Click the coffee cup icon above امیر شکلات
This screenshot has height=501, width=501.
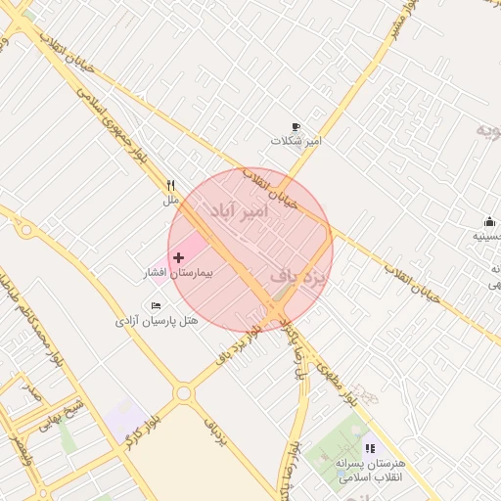coord(296,127)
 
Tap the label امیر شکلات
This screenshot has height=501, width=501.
coord(296,142)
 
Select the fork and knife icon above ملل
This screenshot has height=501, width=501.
coord(171,185)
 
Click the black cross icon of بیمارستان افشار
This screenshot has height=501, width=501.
coord(178,257)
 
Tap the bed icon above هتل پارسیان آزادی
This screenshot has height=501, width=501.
coord(157,305)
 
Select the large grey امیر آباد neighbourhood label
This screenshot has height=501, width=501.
coord(237,210)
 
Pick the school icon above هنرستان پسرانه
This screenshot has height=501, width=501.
coord(370,448)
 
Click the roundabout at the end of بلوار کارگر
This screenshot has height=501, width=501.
coord(183,393)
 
